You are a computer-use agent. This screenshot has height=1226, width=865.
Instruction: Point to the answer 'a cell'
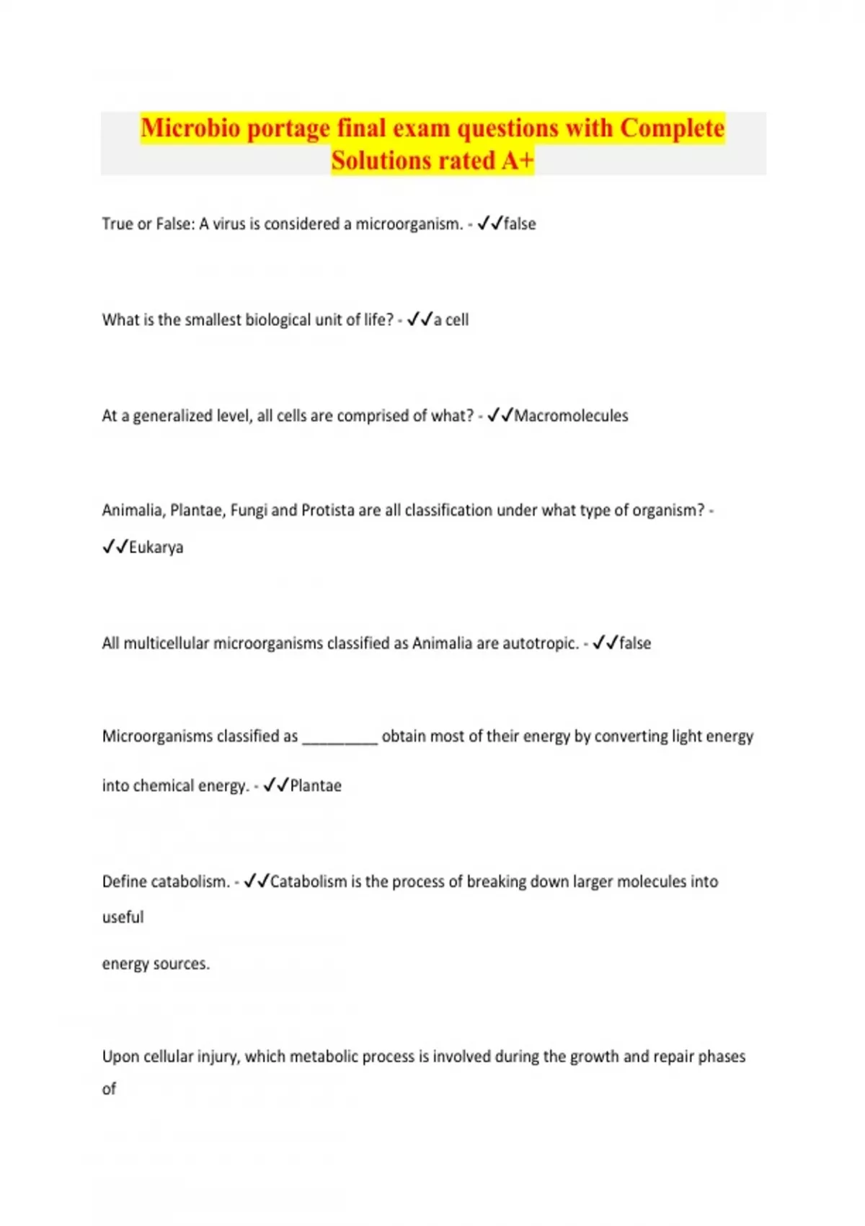[x=451, y=319]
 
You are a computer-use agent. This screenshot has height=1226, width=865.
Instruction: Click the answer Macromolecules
[x=571, y=416]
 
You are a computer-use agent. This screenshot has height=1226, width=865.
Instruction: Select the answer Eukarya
[x=156, y=547]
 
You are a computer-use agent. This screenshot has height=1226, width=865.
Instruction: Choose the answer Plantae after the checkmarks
[x=316, y=786]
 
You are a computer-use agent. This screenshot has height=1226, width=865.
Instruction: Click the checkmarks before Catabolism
[x=256, y=881]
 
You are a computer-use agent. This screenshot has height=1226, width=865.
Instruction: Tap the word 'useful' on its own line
[x=123, y=917]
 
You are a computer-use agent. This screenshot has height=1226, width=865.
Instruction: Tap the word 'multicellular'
[x=167, y=643]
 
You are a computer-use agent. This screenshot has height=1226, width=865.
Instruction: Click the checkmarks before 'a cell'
[x=420, y=319]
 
